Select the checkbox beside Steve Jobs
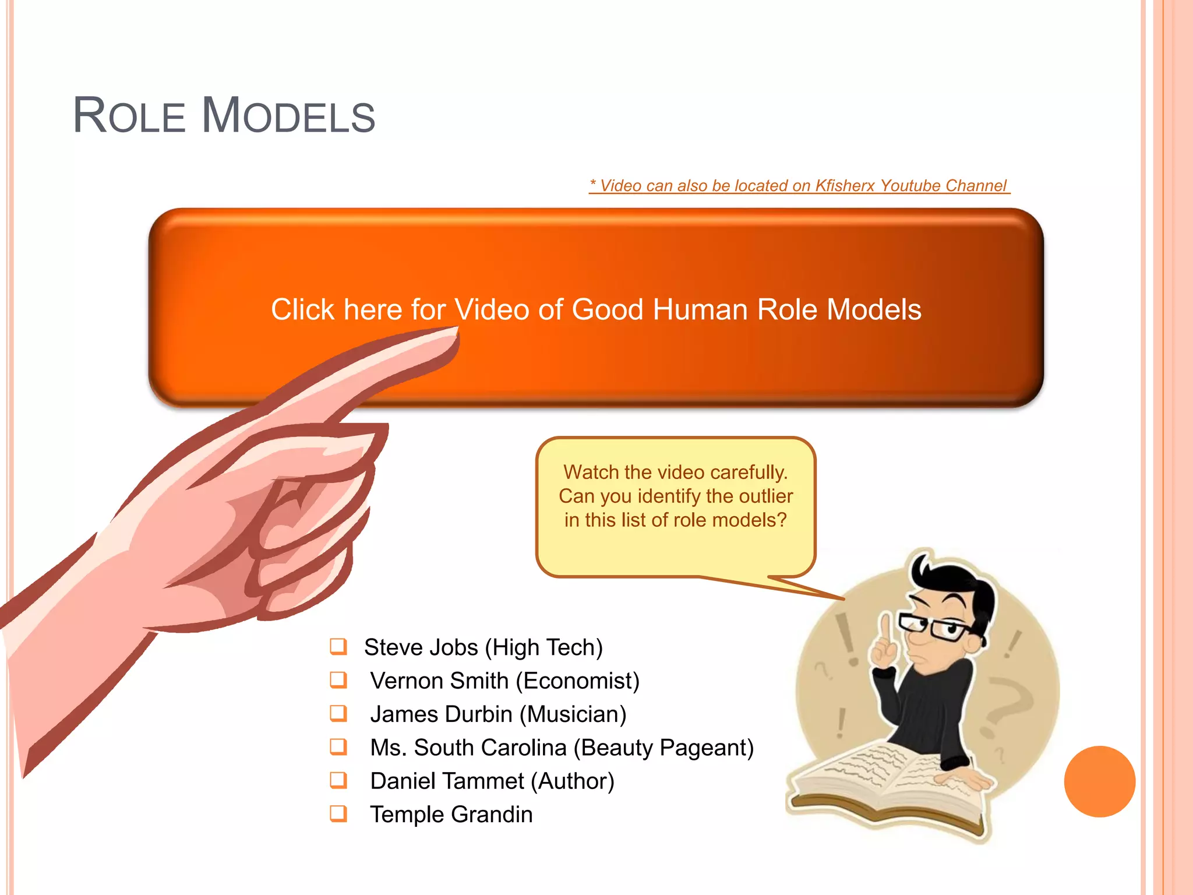[x=338, y=646]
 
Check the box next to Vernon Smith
[x=338, y=680]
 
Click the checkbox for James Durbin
[x=338, y=713]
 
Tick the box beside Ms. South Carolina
[x=338, y=746]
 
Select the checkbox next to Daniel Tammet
[x=338, y=780]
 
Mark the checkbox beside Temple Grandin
[x=338, y=813]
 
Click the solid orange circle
[x=1099, y=781]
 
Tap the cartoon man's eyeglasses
[x=935, y=627]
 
